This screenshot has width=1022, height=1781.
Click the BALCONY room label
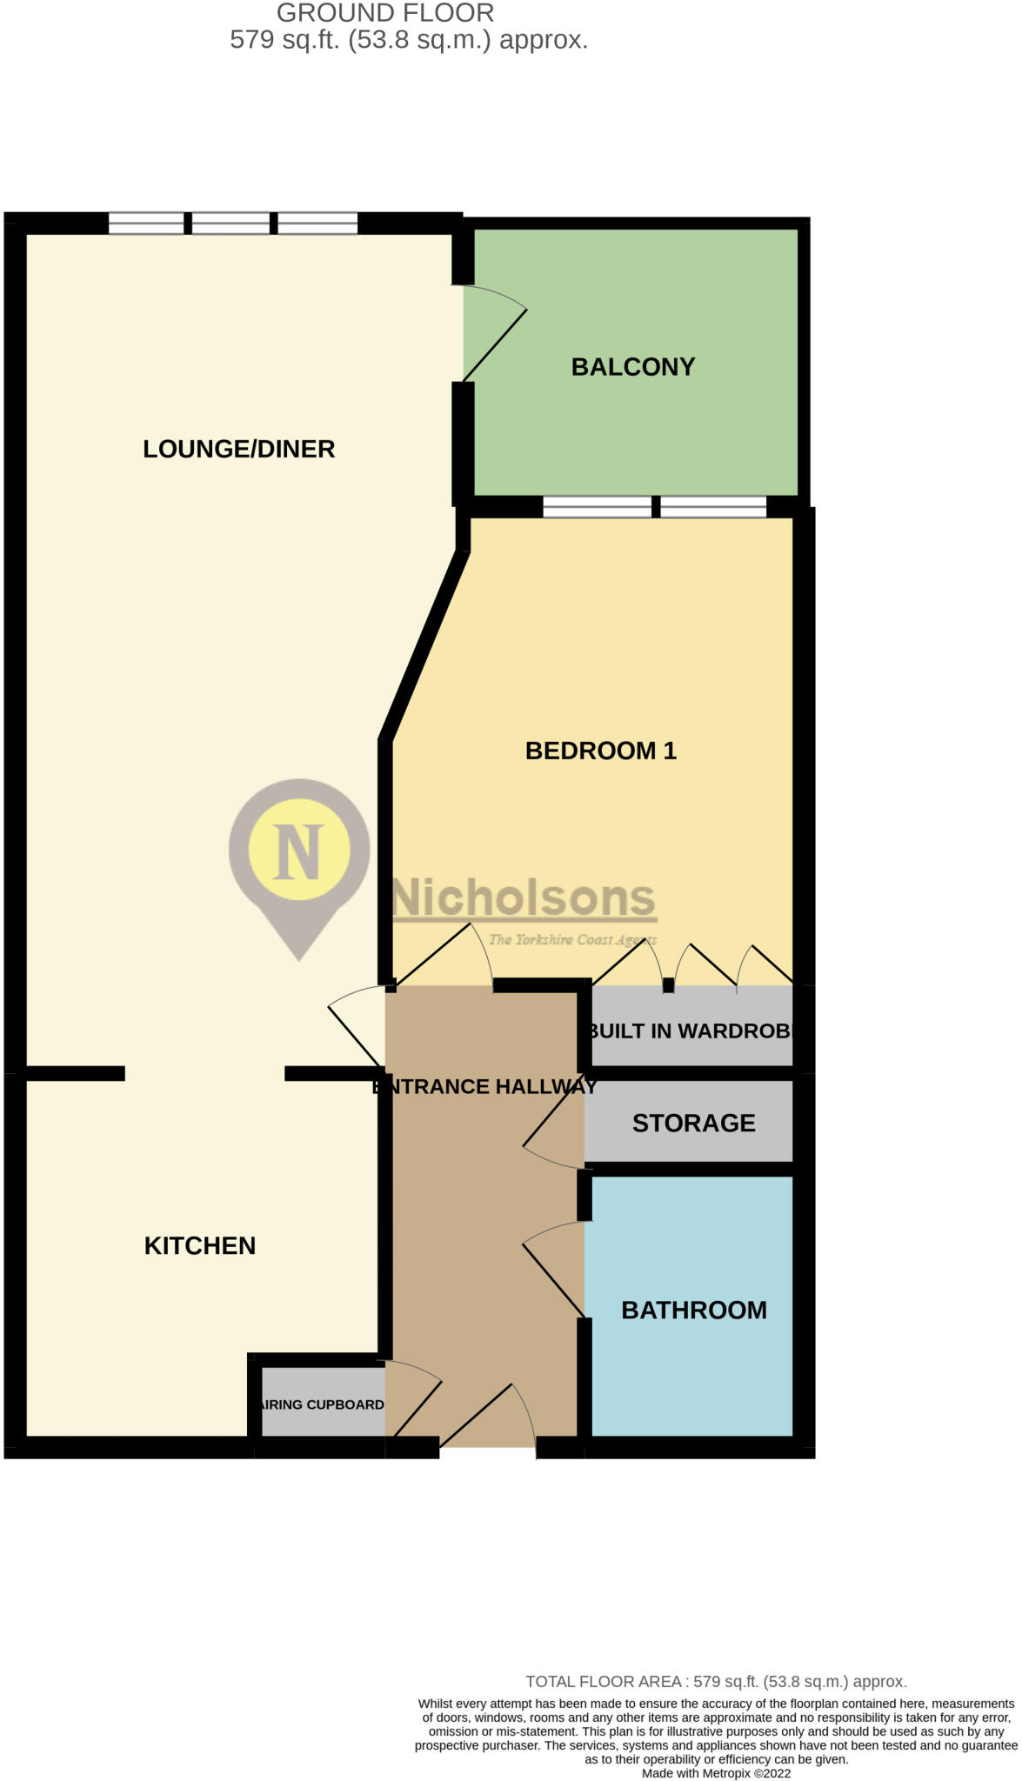pos(632,367)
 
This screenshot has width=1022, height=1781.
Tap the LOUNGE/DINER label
pos(239,449)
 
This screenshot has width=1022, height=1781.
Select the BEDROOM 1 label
pos(601,750)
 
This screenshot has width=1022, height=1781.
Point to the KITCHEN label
pos(200,1245)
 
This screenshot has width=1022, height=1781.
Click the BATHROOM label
pos(694,1310)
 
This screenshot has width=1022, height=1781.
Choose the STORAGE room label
pos(693,1123)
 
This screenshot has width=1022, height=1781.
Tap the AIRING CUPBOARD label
pos(322,1404)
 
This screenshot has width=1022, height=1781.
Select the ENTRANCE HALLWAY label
pos(484,1086)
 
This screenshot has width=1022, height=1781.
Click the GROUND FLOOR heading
pos(385,13)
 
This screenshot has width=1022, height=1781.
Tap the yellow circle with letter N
pos(299,849)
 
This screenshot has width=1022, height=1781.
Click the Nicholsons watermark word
pos(524,898)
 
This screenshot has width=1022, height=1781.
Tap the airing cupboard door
pos(415,1400)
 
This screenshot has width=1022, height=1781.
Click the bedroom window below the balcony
pos(655,506)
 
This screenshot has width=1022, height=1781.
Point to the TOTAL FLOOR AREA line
pos(716,1682)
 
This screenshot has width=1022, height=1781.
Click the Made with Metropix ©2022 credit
pos(716,1773)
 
